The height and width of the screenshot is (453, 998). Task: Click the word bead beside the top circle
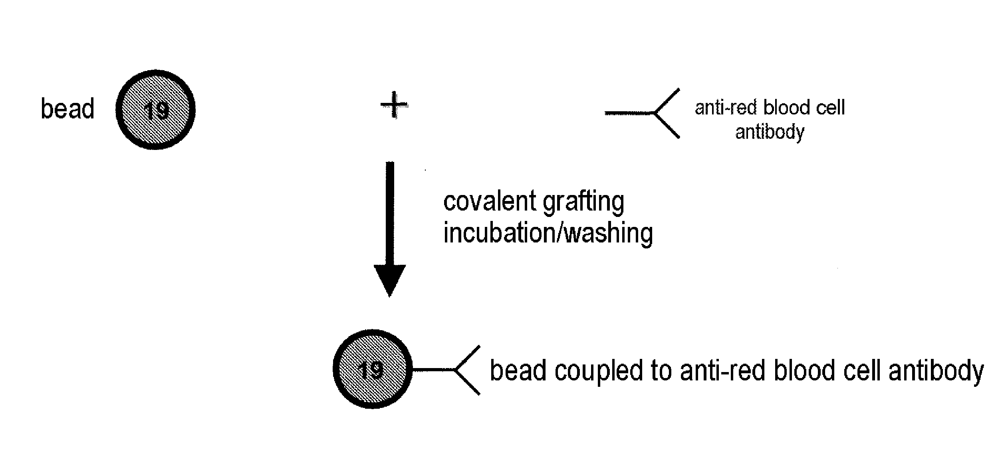coord(67,108)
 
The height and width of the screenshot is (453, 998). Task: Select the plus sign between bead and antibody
coord(394,105)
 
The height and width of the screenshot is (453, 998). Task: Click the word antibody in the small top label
coord(770,132)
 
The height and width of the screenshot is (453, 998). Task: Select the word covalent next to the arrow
coord(490,201)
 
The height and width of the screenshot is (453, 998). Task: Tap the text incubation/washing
coord(548,233)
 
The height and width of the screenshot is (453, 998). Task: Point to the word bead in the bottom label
coord(518,370)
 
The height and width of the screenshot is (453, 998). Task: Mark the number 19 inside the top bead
coord(156,110)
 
